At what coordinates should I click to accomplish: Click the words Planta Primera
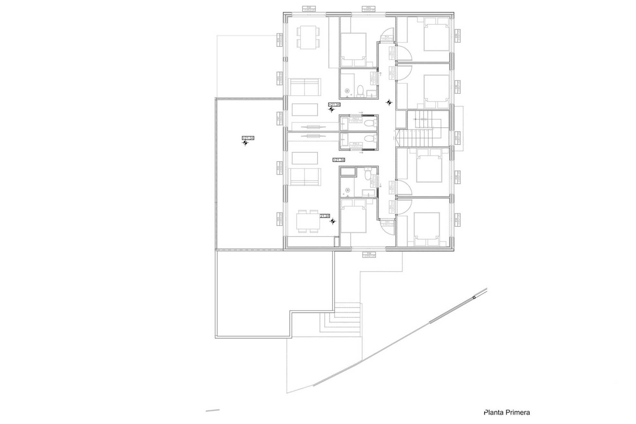507,412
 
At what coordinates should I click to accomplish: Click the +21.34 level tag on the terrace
248,138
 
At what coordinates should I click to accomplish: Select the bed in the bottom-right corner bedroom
427,229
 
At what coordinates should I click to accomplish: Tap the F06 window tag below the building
369,255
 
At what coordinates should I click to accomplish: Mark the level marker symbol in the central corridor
389,102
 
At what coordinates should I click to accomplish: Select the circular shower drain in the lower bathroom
348,190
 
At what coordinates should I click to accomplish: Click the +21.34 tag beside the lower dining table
324,216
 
